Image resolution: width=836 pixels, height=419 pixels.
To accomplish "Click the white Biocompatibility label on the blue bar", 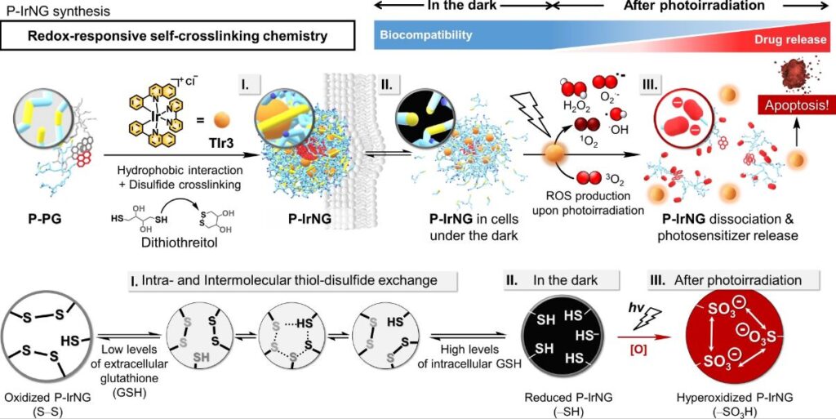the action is [425, 36].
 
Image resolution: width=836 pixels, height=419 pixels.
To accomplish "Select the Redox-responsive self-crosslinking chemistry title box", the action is [179, 36].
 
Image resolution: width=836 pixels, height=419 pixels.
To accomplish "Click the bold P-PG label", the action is [46, 219].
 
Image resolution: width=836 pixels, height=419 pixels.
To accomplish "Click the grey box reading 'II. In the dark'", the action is [561, 280].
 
